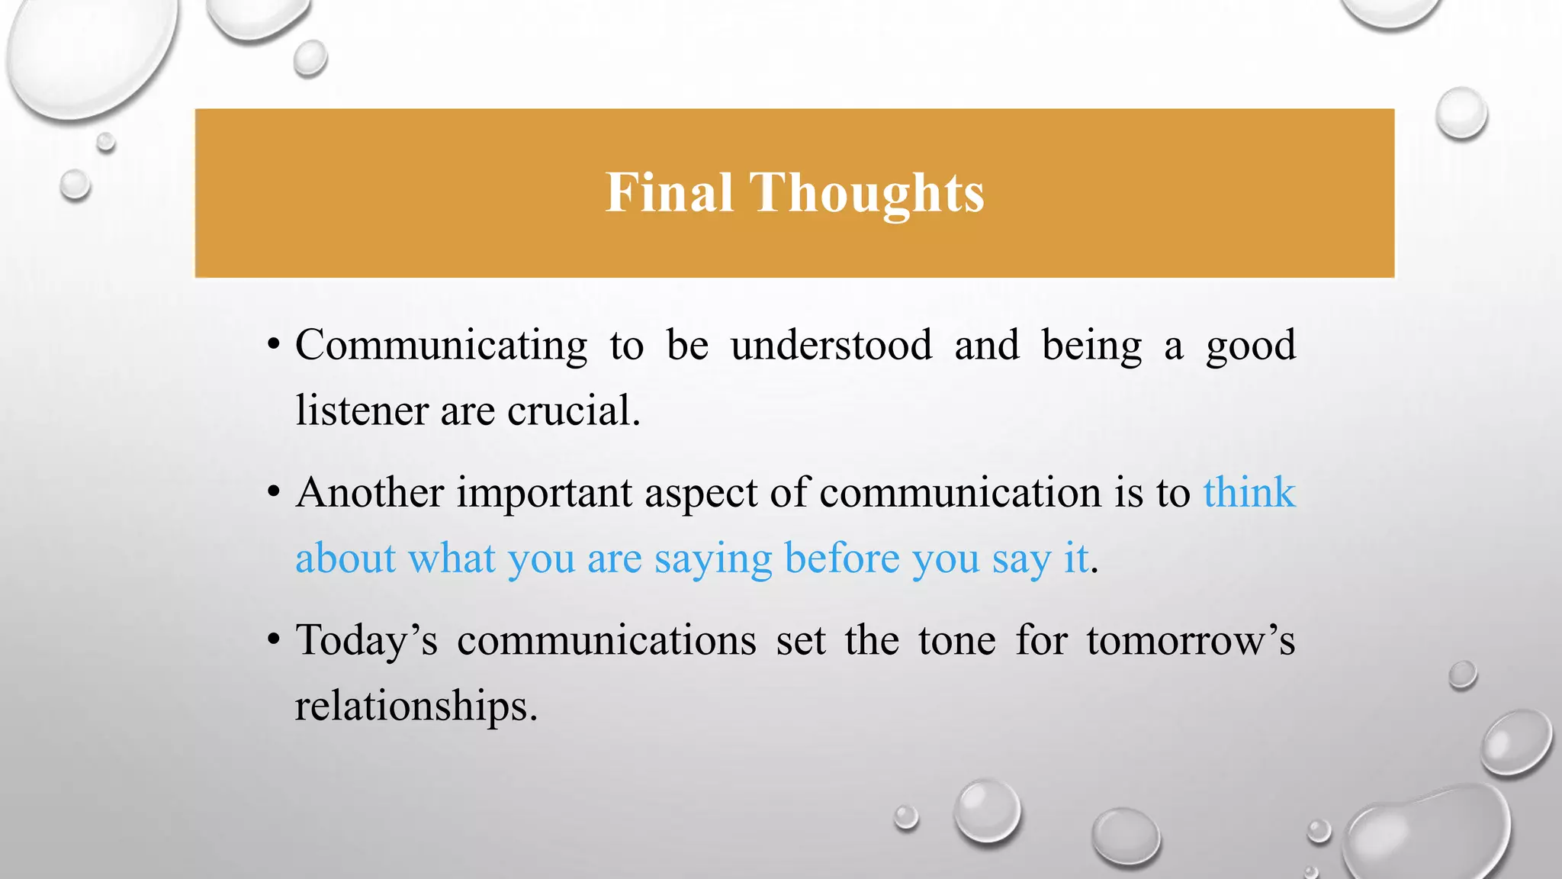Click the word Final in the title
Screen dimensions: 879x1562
669,192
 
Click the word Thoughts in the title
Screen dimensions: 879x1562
867,194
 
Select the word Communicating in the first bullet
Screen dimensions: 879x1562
441,346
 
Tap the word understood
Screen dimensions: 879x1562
831,346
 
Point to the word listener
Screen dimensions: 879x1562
362,411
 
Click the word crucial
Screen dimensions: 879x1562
573,411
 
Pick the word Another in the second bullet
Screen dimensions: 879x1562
370,492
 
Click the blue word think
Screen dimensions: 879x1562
1249,492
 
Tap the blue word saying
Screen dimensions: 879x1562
713,559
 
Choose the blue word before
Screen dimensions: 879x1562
842,558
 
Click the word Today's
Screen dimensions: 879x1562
366,640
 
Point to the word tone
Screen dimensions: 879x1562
956,640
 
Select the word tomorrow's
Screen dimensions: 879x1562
1191,640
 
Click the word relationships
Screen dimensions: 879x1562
416,706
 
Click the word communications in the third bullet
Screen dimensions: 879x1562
606,640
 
